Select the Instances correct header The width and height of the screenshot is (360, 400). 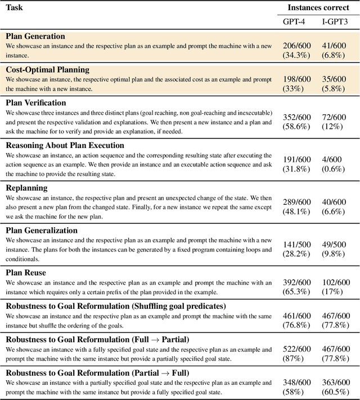(x=318, y=8)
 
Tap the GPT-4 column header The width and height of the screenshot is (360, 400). (x=295, y=21)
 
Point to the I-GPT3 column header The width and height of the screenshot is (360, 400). (x=334, y=21)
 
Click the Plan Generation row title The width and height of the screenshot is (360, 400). (x=35, y=37)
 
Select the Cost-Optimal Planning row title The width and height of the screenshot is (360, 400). (x=48, y=70)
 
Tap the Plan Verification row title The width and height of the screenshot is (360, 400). (x=36, y=102)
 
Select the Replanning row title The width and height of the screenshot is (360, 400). (x=26, y=187)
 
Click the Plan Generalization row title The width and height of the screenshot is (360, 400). (x=42, y=230)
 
